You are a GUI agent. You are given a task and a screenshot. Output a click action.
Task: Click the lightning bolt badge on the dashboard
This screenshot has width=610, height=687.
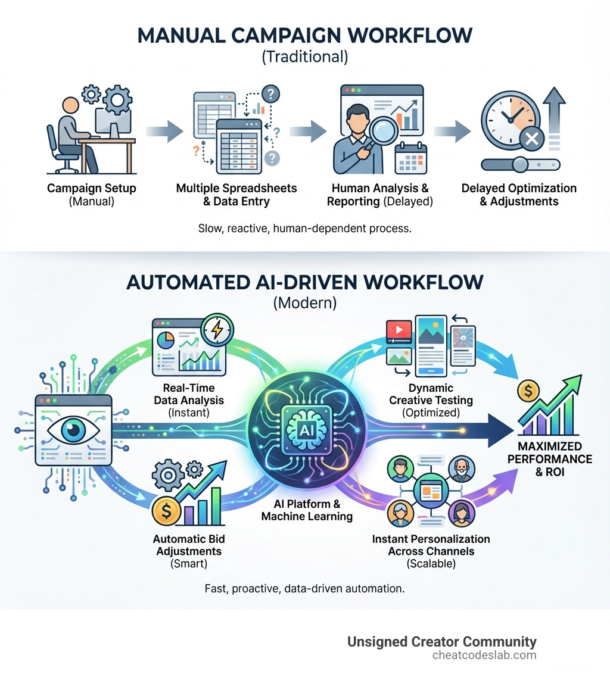218,328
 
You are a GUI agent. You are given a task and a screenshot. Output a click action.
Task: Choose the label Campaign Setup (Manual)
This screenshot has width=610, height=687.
92,195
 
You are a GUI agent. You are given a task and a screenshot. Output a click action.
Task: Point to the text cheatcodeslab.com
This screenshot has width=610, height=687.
484,655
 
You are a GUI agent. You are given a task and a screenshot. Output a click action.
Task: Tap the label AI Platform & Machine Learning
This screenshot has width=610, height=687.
306,510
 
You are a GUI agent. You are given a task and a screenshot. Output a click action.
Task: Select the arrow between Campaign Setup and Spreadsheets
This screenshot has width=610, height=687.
162,132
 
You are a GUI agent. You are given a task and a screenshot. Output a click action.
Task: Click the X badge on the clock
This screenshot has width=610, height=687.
531,140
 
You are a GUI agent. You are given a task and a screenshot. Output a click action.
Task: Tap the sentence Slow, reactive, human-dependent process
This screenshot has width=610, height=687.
304,228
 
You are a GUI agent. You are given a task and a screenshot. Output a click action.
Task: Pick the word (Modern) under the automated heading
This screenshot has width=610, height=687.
305,302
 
